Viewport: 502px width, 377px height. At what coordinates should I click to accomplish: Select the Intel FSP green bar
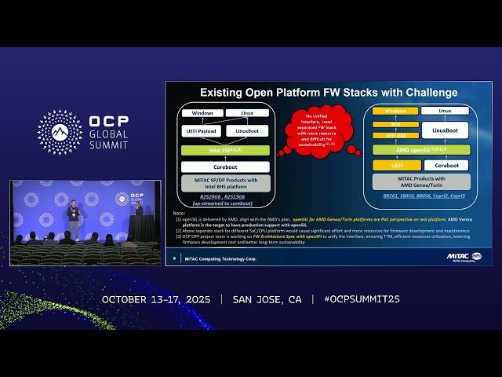pyautogui.click(x=225, y=149)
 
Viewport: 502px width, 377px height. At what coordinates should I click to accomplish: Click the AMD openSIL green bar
pyautogui.click(x=421, y=148)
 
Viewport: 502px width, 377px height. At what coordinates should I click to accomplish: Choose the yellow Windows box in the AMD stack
pyautogui.click(x=396, y=112)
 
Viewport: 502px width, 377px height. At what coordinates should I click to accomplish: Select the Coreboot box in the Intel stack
pyautogui.click(x=225, y=167)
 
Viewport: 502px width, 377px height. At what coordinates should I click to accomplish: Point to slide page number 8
pyautogui.click(x=174, y=257)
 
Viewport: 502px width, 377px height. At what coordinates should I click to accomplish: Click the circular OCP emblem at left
pyautogui.click(x=60, y=132)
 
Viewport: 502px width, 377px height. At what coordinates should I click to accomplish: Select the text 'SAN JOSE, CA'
pyautogui.click(x=267, y=299)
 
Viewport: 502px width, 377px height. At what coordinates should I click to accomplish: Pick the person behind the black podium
pyautogui.click(x=139, y=210)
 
